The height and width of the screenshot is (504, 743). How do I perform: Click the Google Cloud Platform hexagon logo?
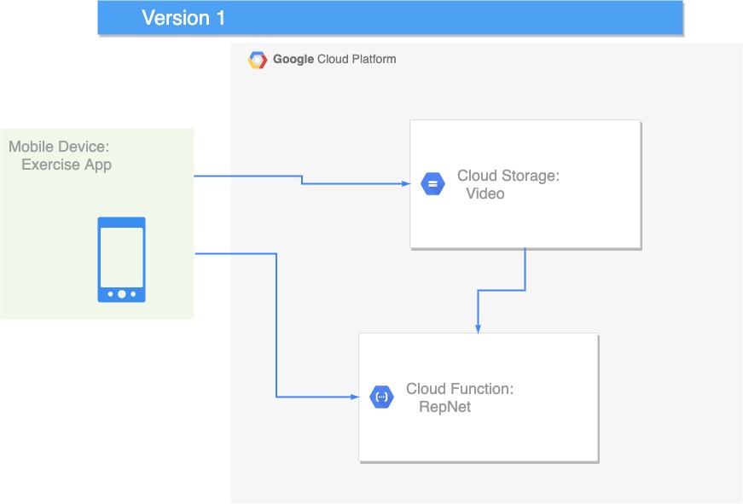click(x=258, y=61)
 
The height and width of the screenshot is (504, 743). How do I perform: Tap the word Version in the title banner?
click(x=176, y=18)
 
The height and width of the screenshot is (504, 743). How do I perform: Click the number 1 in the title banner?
click(x=220, y=18)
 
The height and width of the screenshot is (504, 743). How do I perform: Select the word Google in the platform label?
click(x=293, y=59)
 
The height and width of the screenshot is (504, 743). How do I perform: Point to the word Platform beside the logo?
click(x=374, y=59)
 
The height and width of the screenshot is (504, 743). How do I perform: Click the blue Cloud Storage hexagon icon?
click(x=432, y=184)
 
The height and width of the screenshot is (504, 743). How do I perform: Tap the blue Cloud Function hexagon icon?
click(x=381, y=397)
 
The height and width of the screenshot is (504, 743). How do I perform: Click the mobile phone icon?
click(x=121, y=259)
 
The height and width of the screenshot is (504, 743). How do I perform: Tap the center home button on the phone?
click(x=122, y=294)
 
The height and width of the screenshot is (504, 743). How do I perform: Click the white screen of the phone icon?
click(x=122, y=258)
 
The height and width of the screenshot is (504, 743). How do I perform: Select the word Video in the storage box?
click(x=485, y=194)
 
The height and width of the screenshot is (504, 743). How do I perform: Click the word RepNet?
click(x=445, y=407)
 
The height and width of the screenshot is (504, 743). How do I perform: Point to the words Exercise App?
click(x=67, y=165)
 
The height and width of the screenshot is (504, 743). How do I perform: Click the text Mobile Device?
click(x=59, y=147)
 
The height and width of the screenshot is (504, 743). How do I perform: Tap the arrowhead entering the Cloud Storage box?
click(x=406, y=184)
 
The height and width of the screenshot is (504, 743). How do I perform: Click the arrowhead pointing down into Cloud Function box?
click(x=478, y=328)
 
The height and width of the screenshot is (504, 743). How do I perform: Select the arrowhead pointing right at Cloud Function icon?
click(x=355, y=397)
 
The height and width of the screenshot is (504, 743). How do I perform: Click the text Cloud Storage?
click(x=508, y=176)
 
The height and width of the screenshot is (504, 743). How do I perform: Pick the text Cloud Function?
click(x=460, y=389)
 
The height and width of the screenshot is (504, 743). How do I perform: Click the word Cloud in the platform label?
click(x=333, y=59)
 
